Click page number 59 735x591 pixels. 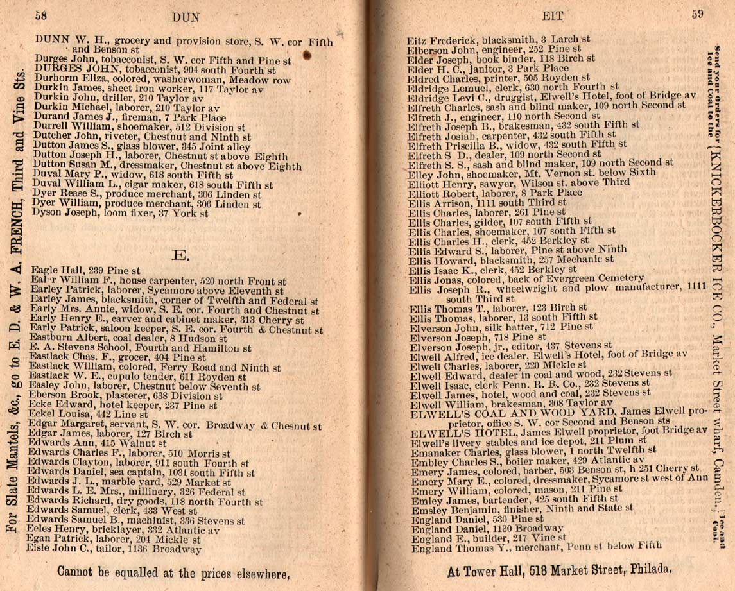pos(698,13)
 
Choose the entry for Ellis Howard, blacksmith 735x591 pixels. pos(510,259)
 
